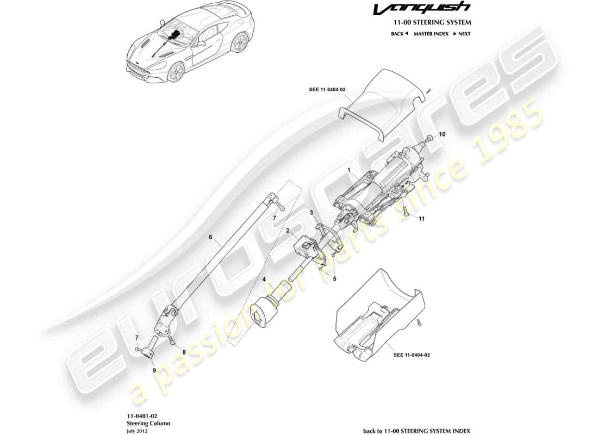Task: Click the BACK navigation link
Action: [x=399, y=34]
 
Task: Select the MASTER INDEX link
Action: [x=431, y=34]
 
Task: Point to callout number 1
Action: [x=350, y=171]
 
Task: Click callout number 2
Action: [x=288, y=231]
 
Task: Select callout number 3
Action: [x=312, y=212]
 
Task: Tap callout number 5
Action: [x=335, y=279]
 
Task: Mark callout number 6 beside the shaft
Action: [x=210, y=237]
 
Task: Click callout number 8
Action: [x=184, y=352]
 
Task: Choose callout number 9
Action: [x=154, y=370]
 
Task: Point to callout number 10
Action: [x=442, y=134]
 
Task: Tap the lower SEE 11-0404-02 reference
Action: [x=412, y=355]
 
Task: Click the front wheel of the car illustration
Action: [x=176, y=72]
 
